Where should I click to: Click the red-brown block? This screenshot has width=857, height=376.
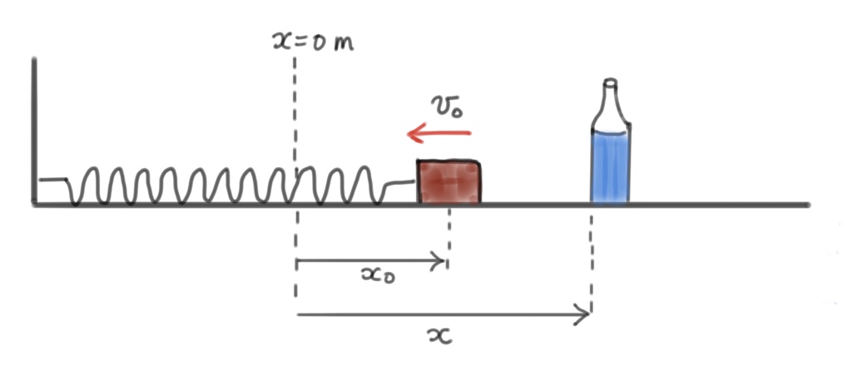click(x=448, y=182)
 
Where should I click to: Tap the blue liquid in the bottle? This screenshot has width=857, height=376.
click(x=610, y=166)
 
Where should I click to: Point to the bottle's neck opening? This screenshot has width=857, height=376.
click(x=610, y=82)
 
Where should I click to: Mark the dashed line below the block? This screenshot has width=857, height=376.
click(x=449, y=237)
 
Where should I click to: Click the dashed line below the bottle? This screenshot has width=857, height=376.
click(x=592, y=258)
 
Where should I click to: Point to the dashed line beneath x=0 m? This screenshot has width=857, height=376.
click(x=295, y=100)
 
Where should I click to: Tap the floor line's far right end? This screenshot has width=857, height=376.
click(x=807, y=205)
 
